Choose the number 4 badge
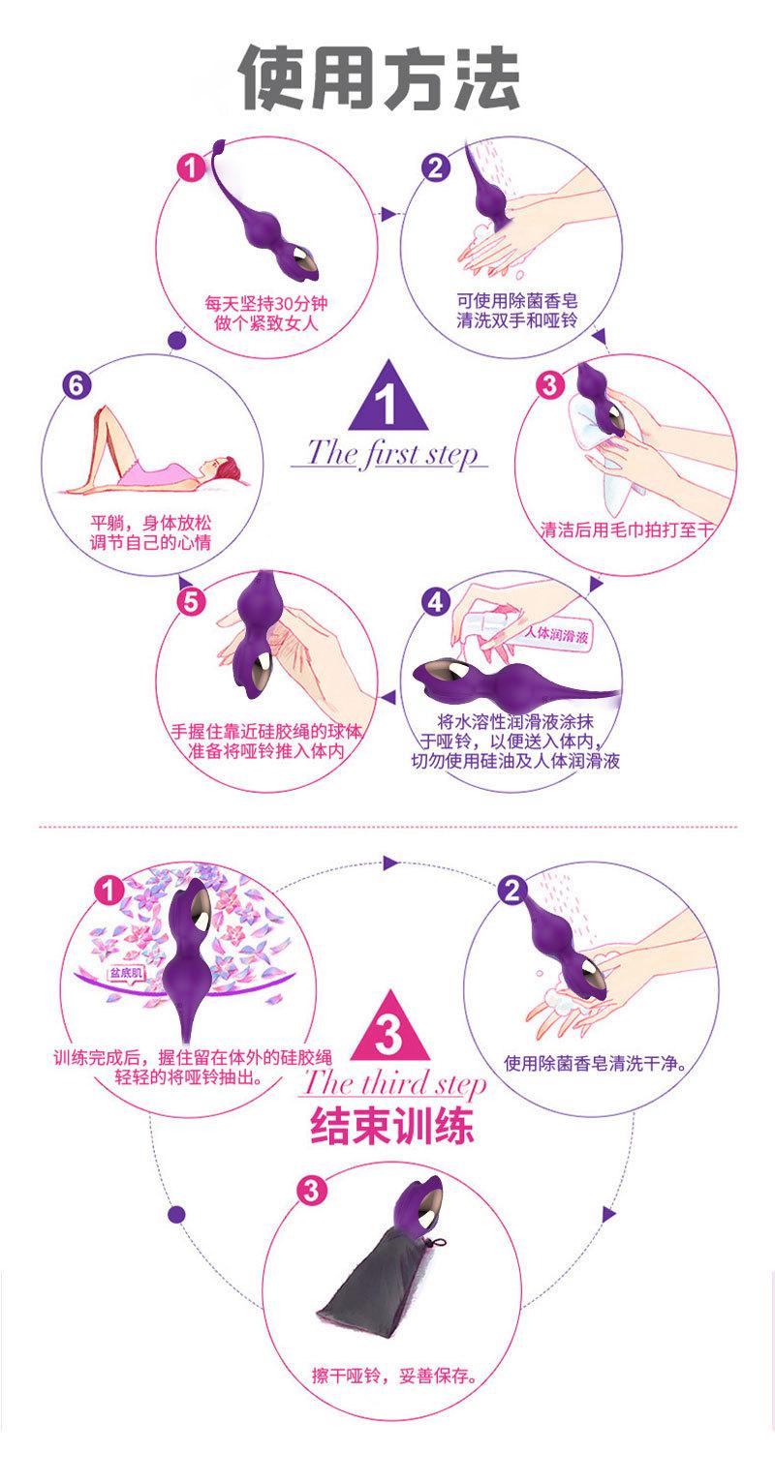[436, 601]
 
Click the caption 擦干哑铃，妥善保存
[393, 1375]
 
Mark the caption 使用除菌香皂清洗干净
[595, 1065]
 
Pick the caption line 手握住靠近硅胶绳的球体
[265, 730]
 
